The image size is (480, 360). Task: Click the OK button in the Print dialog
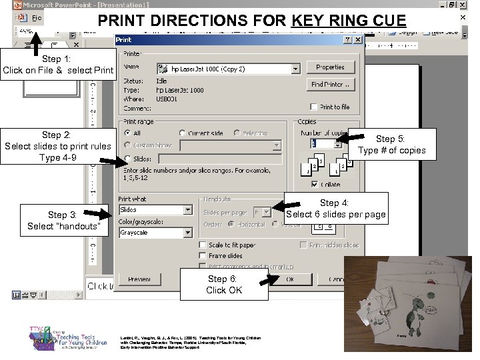click(289, 279)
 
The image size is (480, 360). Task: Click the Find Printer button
click(331, 85)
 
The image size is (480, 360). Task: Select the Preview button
click(139, 279)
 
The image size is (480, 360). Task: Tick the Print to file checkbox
click(314, 107)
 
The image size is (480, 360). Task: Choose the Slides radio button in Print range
click(127, 159)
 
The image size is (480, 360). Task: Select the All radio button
click(127, 134)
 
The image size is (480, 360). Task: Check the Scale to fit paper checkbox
click(203, 245)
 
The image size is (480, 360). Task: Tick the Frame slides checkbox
click(203, 256)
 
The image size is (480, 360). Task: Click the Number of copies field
click(323, 144)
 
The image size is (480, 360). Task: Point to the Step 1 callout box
click(59, 65)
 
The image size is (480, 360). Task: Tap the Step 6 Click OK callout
click(224, 285)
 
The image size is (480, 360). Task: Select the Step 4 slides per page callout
click(335, 209)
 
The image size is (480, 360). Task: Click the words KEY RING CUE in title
click(349, 21)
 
